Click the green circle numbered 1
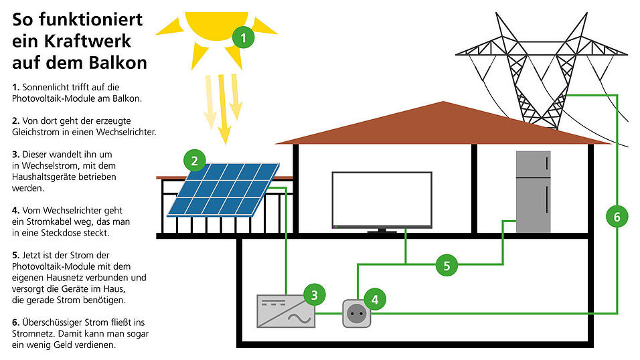click(243, 38)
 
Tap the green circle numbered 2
click(194, 161)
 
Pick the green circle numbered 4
click(375, 300)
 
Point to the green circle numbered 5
click(447, 265)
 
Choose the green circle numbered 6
click(617, 216)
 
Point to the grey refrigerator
click(533, 191)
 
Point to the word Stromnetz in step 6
click(35, 333)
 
